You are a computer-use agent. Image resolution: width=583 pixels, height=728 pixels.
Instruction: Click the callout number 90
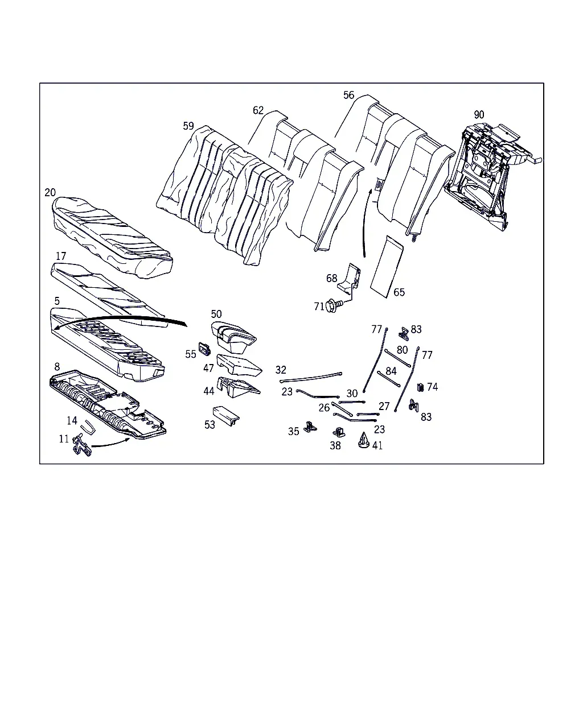(479, 115)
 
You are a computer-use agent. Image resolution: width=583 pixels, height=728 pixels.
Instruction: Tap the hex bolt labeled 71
(334, 305)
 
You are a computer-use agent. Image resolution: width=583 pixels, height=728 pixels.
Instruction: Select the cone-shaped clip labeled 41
(364, 440)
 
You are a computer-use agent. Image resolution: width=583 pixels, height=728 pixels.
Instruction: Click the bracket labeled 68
(350, 281)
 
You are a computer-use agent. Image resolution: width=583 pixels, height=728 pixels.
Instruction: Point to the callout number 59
(188, 126)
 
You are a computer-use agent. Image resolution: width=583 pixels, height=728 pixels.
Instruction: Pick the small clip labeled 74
(420, 387)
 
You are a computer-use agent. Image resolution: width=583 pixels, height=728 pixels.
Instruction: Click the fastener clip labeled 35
(310, 427)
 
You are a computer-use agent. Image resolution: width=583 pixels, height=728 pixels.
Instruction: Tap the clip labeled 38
(338, 432)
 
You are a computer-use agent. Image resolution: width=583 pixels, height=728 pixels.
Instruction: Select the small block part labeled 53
(225, 416)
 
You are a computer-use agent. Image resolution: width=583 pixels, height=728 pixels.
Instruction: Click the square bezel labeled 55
(204, 348)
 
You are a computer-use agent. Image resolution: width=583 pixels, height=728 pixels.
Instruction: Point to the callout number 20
(50, 192)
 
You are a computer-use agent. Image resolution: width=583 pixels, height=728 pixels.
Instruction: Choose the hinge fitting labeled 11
(81, 445)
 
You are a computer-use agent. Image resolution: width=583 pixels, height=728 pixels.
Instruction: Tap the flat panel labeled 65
(387, 267)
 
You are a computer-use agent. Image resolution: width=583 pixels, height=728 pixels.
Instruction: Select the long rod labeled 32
(311, 377)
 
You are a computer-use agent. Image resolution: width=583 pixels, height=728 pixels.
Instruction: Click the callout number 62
(258, 110)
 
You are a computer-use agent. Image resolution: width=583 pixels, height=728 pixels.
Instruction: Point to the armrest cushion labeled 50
(234, 337)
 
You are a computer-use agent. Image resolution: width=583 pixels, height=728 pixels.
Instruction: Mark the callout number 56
(348, 95)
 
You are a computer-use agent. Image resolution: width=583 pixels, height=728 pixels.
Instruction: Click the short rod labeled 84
(389, 379)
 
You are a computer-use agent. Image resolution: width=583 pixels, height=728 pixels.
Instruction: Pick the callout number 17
(61, 256)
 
